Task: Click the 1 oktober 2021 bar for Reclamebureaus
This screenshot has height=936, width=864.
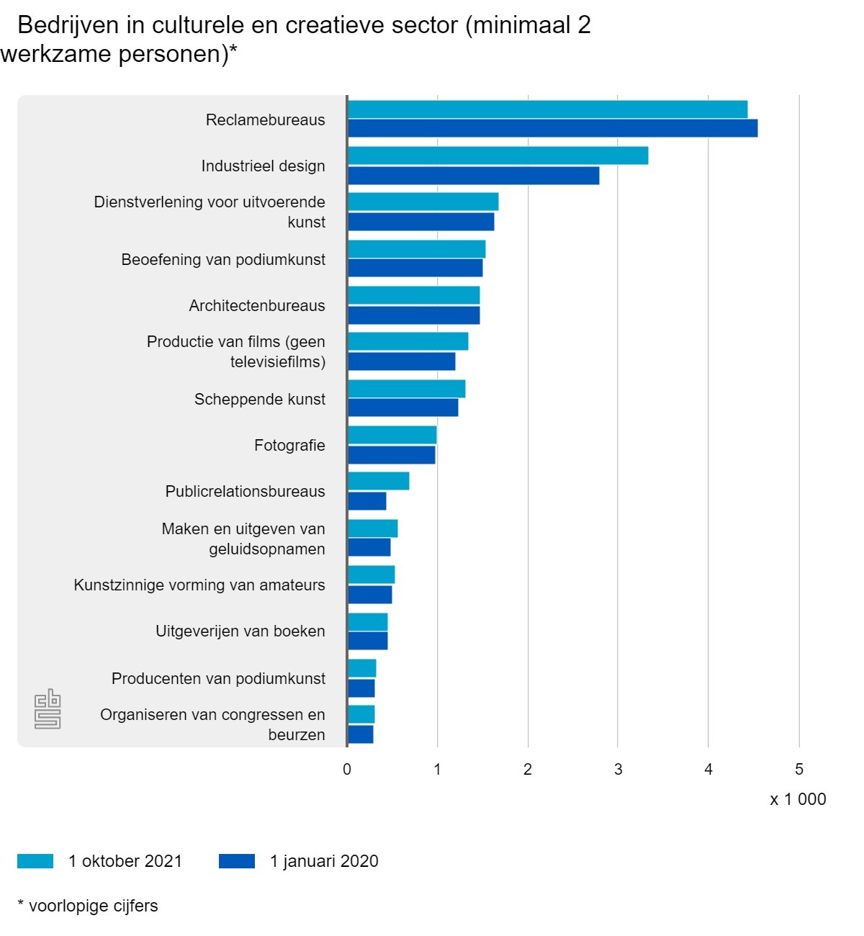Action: tap(547, 109)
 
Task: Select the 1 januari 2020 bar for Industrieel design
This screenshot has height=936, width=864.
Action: tap(473, 176)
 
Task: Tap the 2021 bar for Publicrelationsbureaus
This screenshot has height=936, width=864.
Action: tap(379, 481)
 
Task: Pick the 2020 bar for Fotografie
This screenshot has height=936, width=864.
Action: tap(392, 455)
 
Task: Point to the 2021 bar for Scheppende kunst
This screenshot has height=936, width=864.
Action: tap(407, 389)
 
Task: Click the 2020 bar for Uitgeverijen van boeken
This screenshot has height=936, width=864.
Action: tap(368, 641)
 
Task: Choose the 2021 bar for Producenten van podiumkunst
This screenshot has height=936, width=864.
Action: tap(362, 668)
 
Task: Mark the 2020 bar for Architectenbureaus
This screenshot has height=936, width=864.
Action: tap(414, 315)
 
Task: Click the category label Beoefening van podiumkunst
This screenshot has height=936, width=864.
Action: tap(223, 260)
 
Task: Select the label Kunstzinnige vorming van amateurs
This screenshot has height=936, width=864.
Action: tap(199, 585)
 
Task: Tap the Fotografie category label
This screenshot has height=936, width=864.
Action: tap(289, 446)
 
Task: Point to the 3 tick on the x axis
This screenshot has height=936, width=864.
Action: tap(618, 770)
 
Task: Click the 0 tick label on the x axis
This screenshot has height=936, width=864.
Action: tap(347, 770)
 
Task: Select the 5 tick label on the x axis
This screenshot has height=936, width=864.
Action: tap(798, 770)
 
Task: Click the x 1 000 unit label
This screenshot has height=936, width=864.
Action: tap(798, 799)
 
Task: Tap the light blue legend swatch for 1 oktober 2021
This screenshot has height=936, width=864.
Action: tap(35, 861)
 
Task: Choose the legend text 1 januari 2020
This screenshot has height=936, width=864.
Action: tap(324, 861)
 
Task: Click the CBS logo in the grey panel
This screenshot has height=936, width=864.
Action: tap(48, 709)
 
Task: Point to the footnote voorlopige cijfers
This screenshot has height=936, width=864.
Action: tap(93, 906)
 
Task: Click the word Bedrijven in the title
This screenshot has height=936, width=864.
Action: tap(68, 25)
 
